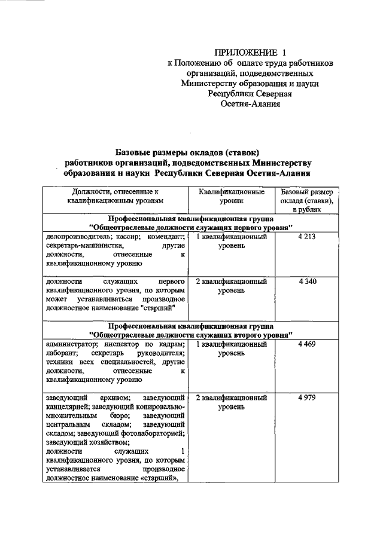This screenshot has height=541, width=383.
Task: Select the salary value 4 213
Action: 306,237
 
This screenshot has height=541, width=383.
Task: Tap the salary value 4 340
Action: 306,281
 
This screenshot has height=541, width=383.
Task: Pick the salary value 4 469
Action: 306,344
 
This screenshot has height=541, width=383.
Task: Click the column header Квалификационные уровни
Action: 230,197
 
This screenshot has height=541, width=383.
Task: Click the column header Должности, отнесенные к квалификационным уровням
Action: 115,197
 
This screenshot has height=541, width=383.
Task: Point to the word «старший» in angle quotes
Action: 165,477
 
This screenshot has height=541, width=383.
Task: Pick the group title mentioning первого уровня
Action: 190,228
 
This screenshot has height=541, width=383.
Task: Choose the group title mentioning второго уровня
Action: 190,335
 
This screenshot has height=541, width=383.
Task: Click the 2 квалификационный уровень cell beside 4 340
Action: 231,285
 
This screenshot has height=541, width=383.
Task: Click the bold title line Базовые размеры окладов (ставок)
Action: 186,152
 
